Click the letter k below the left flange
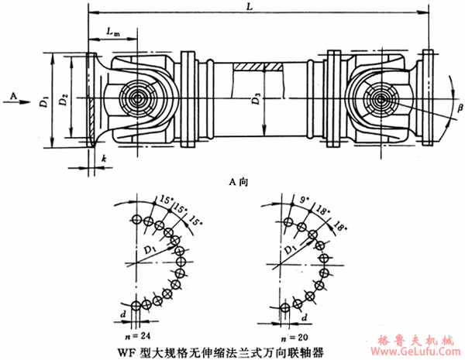click(102, 158)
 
